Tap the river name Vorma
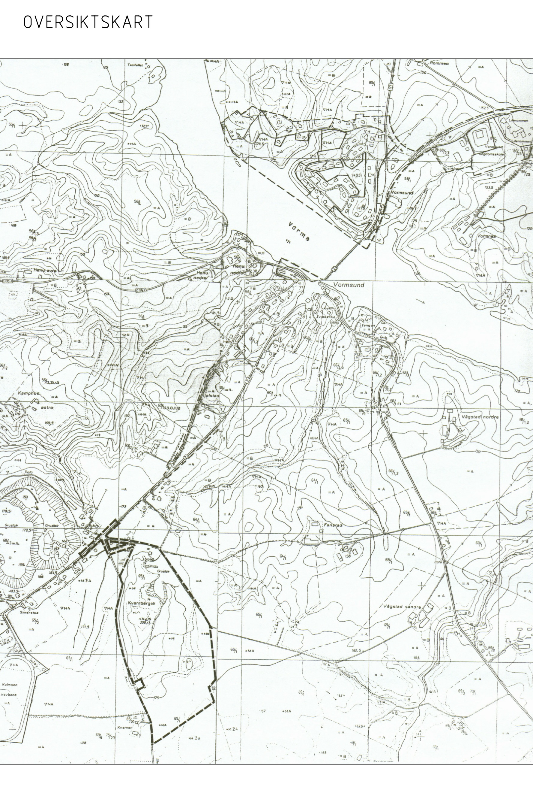[x=299, y=232]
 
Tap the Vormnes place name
[x=487, y=236]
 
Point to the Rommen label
[x=439, y=63]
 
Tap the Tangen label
[x=368, y=325]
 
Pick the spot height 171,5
[x=85, y=627]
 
